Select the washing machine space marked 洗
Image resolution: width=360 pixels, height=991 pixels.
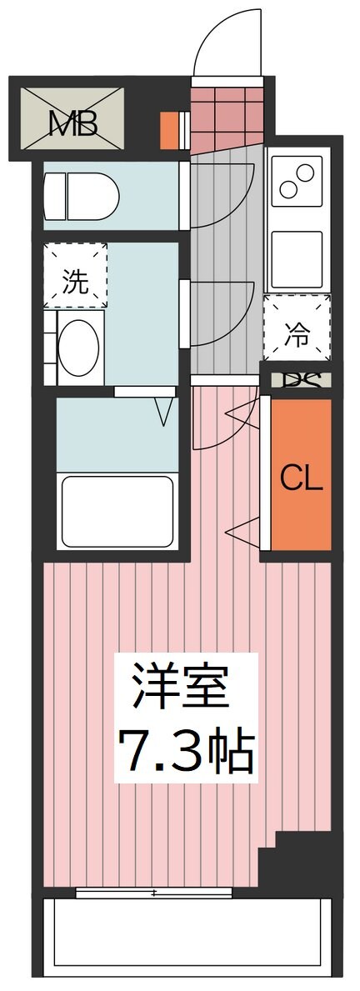[75, 273]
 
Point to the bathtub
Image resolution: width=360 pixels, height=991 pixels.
[116, 510]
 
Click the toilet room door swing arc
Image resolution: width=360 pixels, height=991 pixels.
[221, 194]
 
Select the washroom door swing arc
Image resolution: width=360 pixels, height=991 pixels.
[221, 313]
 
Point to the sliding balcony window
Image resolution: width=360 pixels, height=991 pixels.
[153, 893]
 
